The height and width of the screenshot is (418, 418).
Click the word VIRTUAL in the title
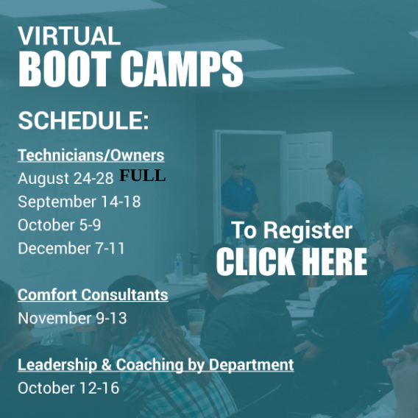click(x=69, y=36)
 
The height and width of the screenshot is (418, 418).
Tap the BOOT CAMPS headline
click(x=131, y=68)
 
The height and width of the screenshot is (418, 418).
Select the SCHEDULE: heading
click(x=83, y=121)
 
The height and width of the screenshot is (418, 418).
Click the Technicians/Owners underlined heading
click(x=91, y=155)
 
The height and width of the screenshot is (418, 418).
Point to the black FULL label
click(x=142, y=175)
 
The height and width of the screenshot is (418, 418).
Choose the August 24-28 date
click(x=65, y=178)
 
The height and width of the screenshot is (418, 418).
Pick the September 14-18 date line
click(x=79, y=202)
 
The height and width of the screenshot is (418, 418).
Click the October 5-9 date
click(x=60, y=224)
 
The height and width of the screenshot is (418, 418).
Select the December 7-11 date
click(x=71, y=248)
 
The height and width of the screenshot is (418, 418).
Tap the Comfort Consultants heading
click(x=93, y=295)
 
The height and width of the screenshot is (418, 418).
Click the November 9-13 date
click(x=72, y=318)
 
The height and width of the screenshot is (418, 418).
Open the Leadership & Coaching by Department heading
click(x=156, y=365)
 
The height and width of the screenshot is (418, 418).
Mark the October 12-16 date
click(x=68, y=388)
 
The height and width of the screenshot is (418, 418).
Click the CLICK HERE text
click(x=291, y=261)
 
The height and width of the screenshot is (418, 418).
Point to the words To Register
click(x=291, y=231)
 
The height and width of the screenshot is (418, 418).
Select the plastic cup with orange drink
click(x=196, y=322)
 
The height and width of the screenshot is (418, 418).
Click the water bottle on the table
click(x=178, y=266)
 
